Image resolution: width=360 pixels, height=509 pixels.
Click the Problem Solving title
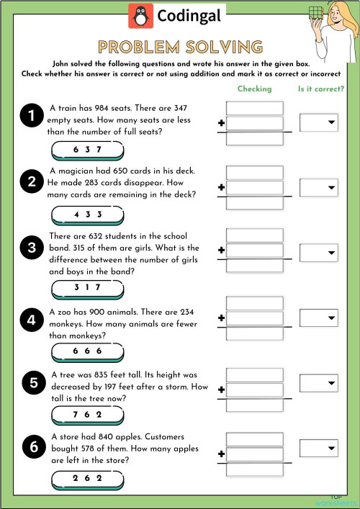tap(180, 48)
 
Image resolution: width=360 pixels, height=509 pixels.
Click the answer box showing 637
tap(87, 150)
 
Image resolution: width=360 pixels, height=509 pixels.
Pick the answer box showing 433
tap(87, 215)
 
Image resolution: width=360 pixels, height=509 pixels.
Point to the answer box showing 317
tap(87, 288)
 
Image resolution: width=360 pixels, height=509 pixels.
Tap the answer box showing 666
tap(87, 351)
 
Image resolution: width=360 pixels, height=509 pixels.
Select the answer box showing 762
tap(87, 415)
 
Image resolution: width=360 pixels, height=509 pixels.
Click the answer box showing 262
tap(87, 478)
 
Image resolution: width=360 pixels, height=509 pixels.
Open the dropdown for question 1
tap(318, 123)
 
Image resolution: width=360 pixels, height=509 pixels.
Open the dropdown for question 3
tap(318, 253)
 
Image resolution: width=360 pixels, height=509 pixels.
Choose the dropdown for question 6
tap(318, 447)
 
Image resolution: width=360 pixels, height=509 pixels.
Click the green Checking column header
tap(255, 89)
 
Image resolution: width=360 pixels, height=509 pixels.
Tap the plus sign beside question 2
tap(221, 188)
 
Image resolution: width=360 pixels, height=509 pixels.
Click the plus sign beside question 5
tap(221, 390)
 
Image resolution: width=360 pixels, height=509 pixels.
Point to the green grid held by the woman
tap(314, 13)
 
